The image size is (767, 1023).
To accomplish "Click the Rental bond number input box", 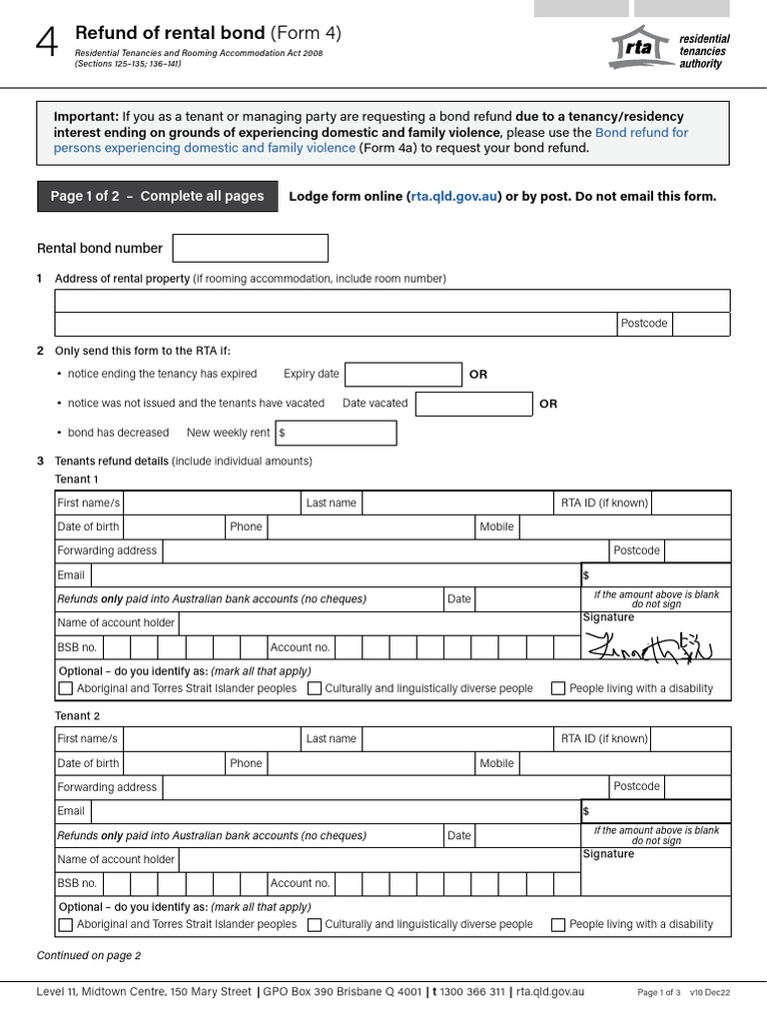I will [250, 248].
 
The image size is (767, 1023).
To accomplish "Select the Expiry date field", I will [402, 375].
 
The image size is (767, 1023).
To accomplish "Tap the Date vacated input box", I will [473, 404].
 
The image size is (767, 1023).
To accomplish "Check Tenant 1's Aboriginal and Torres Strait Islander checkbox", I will [66, 688].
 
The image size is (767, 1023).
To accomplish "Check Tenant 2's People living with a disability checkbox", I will [558, 925].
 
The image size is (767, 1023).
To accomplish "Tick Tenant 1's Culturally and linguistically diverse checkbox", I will [315, 688].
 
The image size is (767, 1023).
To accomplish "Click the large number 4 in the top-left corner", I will [47, 45].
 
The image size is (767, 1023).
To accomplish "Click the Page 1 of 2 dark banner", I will [156, 196].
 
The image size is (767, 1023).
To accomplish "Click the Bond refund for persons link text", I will [641, 132].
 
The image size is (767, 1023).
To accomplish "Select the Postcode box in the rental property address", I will [701, 324].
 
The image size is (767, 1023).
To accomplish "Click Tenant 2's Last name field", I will [457, 739].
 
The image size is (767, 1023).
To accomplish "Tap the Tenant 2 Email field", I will [335, 811].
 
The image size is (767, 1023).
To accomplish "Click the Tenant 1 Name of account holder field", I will [379, 623].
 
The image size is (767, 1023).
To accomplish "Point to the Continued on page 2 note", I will [89, 955].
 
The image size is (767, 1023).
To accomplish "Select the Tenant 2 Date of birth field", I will [174, 763].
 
